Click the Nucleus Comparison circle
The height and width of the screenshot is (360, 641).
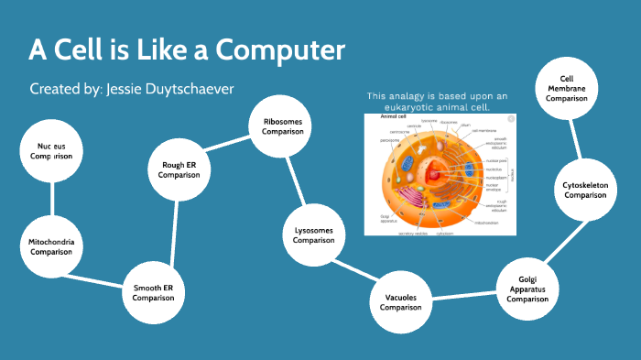53,150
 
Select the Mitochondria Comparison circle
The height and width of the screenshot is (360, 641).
51,245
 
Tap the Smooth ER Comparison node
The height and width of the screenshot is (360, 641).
153,291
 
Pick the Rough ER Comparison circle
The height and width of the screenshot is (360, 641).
179,169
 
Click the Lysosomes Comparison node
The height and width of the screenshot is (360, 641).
314,235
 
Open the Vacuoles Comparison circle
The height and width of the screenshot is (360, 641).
401,301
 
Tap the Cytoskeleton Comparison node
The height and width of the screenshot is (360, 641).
585,190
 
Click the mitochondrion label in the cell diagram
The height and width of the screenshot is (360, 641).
486,223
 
